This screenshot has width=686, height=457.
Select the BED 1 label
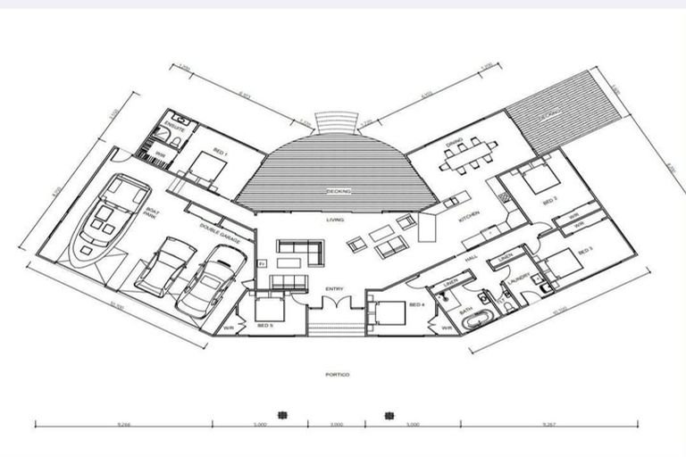pos(220,154)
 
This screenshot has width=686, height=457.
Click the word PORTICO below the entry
pos(338,376)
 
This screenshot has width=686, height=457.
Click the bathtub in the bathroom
pos(478,319)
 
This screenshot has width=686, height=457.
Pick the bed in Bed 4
pos(385,312)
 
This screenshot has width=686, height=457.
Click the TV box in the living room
pos(262,265)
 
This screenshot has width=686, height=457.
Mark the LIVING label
pos(336,219)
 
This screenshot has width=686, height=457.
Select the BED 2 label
pos(550,200)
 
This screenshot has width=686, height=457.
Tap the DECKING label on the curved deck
pos(339,191)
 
